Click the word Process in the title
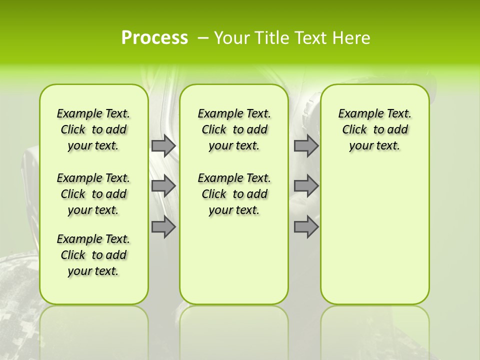(x=154, y=38)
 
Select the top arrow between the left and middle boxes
(x=163, y=145)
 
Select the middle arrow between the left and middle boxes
(x=163, y=186)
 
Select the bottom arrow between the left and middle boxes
(x=163, y=227)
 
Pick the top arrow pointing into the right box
(x=306, y=145)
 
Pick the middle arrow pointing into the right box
(x=306, y=186)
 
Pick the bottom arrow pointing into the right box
(x=306, y=227)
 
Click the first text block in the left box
(x=93, y=129)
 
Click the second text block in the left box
(x=93, y=194)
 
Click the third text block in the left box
(x=93, y=255)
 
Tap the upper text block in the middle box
(x=234, y=129)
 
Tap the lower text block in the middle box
(x=234, y=194)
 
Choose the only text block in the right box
(x=375, y=129)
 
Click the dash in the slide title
(x=203, y=38)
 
